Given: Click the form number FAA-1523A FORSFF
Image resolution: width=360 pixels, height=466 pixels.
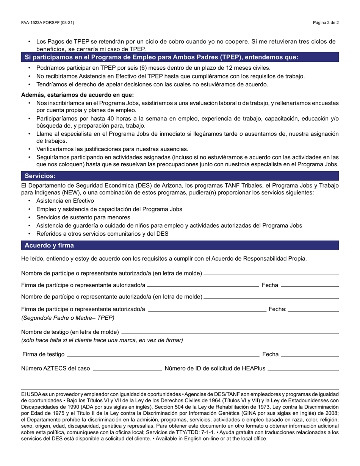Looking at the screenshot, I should [47, 23].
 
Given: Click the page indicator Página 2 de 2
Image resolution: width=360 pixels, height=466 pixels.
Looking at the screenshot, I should [326, 23].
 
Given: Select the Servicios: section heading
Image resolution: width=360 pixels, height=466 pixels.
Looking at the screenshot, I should [40, 176].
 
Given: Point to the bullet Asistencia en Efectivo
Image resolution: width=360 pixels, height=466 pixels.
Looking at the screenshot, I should [65, 201].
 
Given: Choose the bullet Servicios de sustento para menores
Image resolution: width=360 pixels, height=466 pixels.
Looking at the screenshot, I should [83, 217].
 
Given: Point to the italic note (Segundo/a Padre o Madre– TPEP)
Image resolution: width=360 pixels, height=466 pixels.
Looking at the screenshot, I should [68, 318].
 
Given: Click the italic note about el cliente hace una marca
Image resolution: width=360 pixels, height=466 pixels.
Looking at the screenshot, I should [102, 340].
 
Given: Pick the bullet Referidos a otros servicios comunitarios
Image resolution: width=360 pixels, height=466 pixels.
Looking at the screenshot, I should [102, 234].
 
